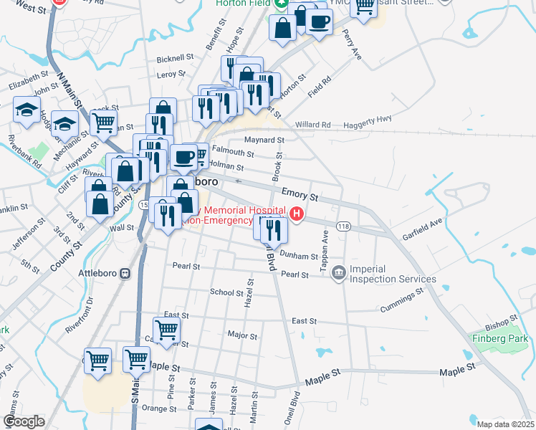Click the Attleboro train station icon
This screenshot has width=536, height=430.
click(x=125, y=274)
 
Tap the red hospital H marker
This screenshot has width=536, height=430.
click(x=296, y=214)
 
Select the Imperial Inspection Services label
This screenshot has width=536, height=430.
click(x=392, y=274)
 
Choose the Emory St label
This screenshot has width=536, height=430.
click(x=299, y=193)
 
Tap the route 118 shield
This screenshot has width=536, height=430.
click(x=343, y=226)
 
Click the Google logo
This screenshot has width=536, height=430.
click(x=24, y=421)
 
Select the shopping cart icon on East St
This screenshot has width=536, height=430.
click(x=166, y=330)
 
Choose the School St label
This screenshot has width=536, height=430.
click(x=226, y=292)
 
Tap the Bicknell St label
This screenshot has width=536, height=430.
click(x=176, y=57)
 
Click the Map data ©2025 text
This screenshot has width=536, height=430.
click(x=505, y=424)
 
